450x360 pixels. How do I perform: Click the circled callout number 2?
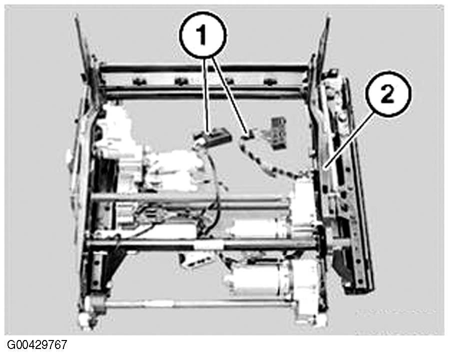[x=387, y=94]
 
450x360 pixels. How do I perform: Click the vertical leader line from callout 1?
[x=207, y=93]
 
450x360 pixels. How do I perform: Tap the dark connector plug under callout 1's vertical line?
[x=212, y=136]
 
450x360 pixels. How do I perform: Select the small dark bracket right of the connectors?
[x=277, y=132]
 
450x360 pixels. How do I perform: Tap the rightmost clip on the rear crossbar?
[x=270, y=81]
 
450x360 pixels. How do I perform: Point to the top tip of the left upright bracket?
[x=76, y=18]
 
